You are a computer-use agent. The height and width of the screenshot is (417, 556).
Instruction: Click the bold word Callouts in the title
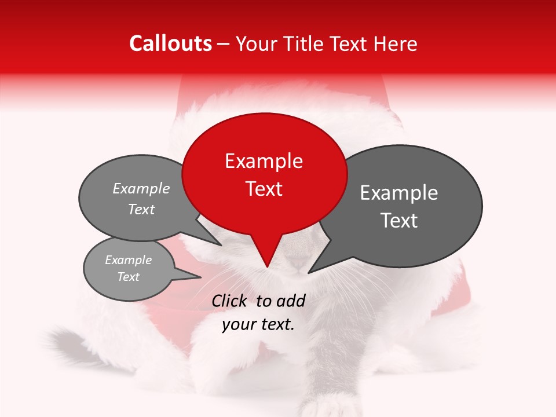coord(170,43)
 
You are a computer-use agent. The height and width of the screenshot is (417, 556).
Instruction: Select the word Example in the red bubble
coord(264,161)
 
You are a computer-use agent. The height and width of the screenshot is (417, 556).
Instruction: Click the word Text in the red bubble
coord(264,189)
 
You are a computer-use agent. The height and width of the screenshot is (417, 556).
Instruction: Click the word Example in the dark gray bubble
coord(399,193)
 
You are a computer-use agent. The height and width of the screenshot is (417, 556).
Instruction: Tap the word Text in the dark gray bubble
coord(399,221)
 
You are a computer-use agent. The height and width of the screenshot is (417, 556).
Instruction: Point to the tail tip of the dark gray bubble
coord(309,272)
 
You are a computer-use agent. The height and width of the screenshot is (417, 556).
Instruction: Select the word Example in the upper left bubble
coord(141,189)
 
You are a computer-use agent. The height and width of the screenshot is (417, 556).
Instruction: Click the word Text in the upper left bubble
coord(141,210)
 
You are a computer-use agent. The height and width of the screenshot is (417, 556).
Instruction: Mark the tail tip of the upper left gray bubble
coord(221,245)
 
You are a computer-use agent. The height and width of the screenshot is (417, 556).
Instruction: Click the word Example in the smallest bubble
coord(128,260)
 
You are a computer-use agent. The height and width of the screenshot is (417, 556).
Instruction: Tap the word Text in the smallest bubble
coord(128,277)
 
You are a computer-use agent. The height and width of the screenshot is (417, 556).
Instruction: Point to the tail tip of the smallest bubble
coord(200,277)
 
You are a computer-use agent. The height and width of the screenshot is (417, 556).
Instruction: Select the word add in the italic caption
coord(291,301)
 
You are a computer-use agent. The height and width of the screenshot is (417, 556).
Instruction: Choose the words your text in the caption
coord(258,325)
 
